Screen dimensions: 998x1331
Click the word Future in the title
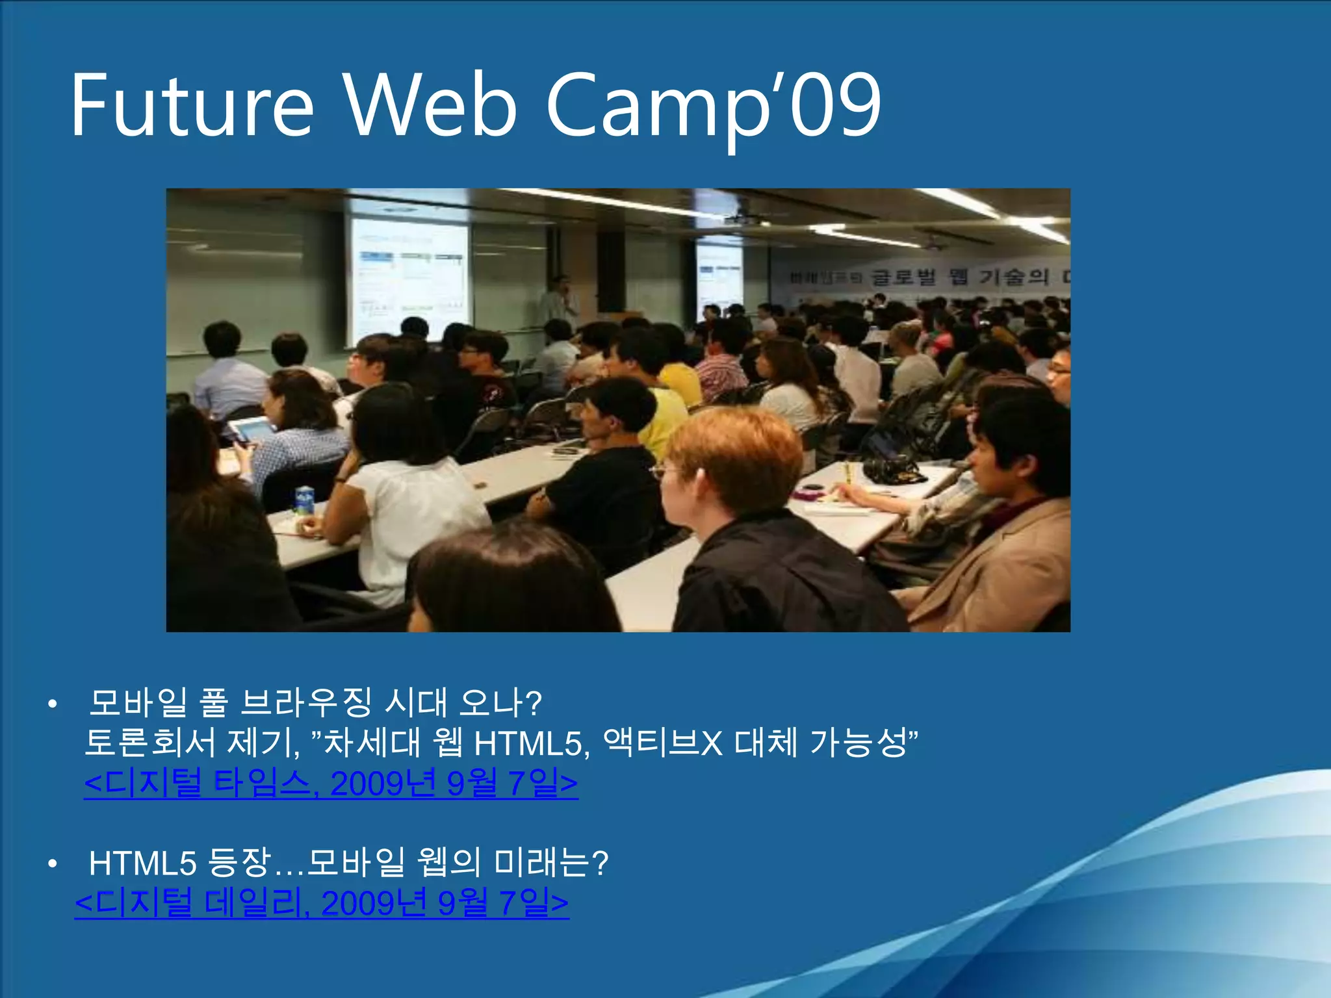(x=192, y=105)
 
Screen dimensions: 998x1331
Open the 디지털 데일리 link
(x=322, y=902)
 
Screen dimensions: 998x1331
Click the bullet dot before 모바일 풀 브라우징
(x=53, y=704)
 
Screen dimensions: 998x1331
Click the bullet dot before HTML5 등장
(x=53, y=864)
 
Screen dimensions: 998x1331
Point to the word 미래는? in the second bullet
(x=551, y=863)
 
